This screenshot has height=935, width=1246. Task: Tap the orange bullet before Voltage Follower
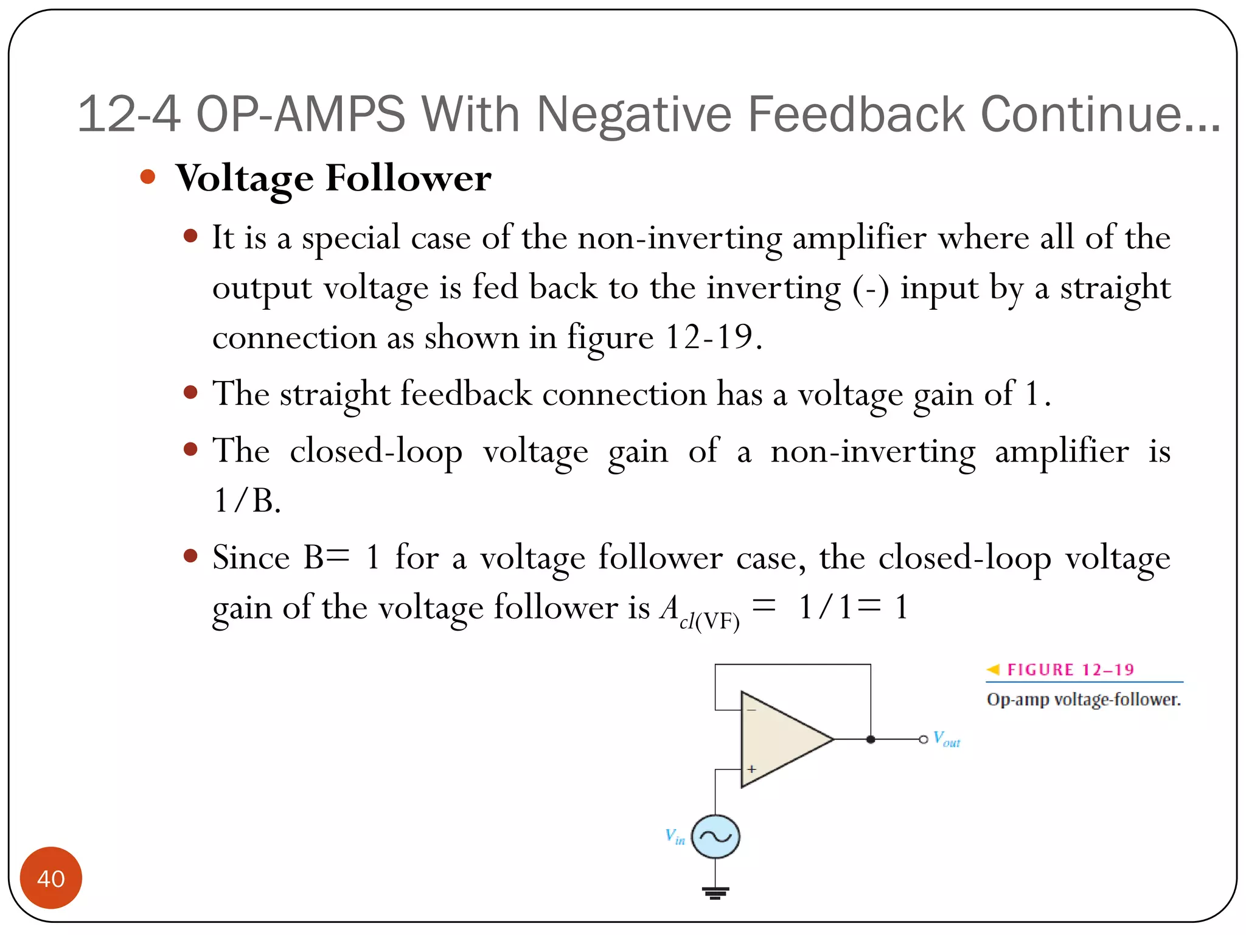[148, 177]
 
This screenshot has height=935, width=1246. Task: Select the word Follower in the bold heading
[408, 178]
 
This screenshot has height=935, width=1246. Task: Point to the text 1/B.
[246, 501]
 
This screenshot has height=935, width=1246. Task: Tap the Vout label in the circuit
[946, 739]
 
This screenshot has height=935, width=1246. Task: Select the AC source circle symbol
[715, 836]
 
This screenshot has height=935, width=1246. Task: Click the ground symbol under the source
[715, 892]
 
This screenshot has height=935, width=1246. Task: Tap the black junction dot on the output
[871, 739]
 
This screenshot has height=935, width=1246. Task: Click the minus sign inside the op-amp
[752, 710]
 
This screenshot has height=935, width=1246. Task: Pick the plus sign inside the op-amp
[752, 769]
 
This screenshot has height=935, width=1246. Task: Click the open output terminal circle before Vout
[923, 739]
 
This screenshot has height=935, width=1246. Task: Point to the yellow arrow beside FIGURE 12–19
[993, 670]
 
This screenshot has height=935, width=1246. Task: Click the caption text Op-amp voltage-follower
[1083, 699]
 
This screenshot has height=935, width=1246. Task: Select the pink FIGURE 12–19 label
[1070, 670]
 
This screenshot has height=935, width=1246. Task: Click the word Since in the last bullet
[251, 557]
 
